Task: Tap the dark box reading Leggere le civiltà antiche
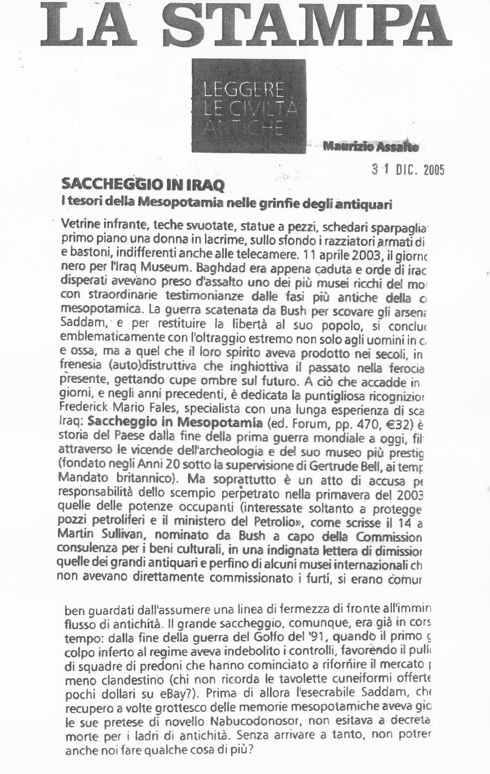[249, 106]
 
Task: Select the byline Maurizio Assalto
[370, 146]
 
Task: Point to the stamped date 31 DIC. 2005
[407, 170]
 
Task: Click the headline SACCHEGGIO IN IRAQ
[143, 184]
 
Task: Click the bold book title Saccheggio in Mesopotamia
[175, 423]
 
